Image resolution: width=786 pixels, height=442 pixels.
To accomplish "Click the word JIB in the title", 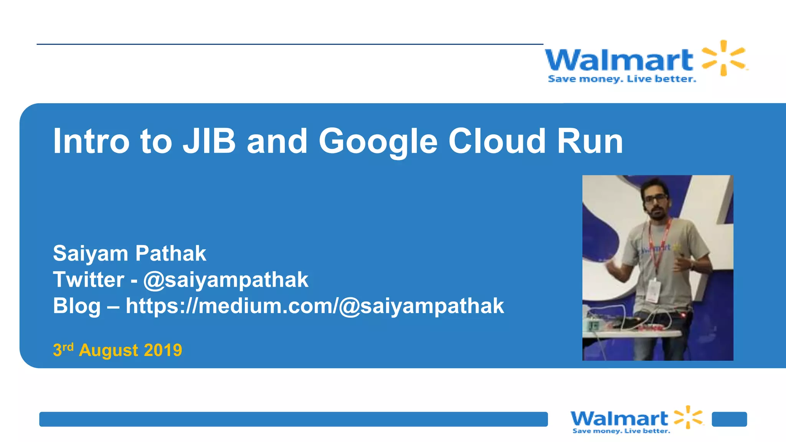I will point(209,141).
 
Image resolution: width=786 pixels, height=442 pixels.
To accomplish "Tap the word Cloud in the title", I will point(497,141).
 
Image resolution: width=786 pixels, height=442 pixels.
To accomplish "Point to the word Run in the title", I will point(590,141).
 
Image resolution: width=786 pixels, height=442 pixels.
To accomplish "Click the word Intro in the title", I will point(91,141).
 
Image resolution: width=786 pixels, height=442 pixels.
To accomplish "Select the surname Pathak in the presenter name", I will point(170,253).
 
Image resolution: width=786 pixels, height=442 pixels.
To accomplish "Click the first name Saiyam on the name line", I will point(91,253).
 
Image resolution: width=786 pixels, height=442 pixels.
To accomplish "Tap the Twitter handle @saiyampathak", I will point(226,280).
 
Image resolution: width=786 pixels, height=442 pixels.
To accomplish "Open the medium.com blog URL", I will point(315,306).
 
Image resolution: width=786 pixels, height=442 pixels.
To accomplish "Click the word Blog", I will point(77,306).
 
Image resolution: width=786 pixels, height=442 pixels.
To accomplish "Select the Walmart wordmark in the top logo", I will point(619,60).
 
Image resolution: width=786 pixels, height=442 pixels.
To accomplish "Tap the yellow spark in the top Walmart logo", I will point(723,58).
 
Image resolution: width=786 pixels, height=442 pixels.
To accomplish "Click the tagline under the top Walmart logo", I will point(622,79).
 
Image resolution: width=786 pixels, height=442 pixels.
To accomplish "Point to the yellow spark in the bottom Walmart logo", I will point(689,417).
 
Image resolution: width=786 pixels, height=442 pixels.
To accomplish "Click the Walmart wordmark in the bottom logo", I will point(619,418).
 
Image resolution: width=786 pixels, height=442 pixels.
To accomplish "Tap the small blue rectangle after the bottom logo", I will point(729,419).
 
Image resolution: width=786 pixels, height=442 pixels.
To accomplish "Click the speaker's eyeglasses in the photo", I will point(656,198).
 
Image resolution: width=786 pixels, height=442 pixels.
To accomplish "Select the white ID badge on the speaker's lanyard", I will point(653,290).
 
